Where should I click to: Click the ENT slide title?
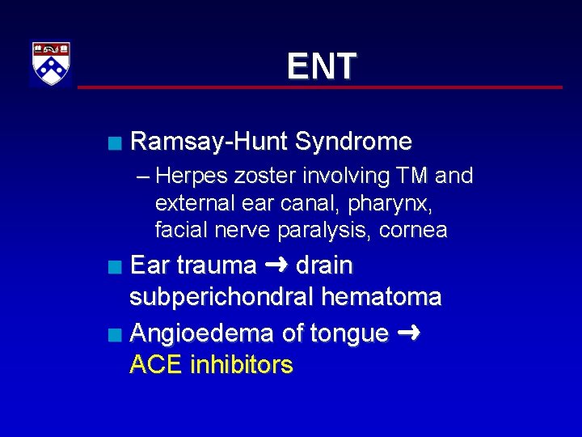click(x=321, y=66)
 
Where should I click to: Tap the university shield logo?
click(x=51, y=63)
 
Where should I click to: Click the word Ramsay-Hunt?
click(x=209, y=142)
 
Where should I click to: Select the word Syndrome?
click(x=353, y=142)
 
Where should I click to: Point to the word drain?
click(x=324, y=265)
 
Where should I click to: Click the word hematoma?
click(x=381, y=298)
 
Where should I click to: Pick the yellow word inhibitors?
click(x=241, y=365)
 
